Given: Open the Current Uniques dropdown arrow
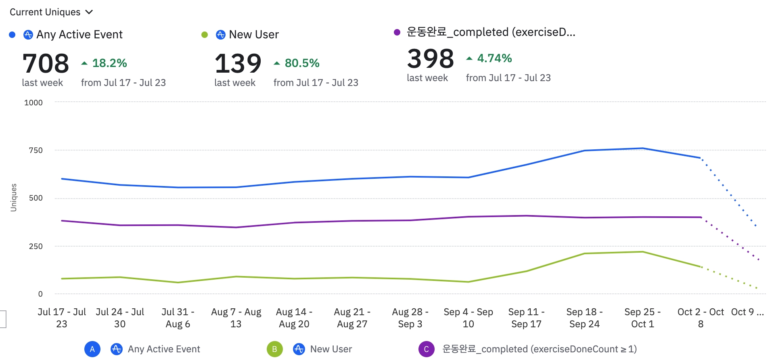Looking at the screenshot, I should (89, 12).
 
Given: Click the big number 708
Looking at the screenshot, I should (46, 63).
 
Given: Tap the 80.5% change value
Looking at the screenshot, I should (302, 63).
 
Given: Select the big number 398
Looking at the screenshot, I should (430, 59).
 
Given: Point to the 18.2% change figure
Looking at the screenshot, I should (109, 63).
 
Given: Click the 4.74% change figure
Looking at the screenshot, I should (494, 59).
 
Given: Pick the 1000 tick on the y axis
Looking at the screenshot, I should (33, 103).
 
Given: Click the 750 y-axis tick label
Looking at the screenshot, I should (36, 150).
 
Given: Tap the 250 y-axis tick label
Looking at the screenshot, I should (36, 246).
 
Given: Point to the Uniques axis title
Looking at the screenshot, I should (14, 197).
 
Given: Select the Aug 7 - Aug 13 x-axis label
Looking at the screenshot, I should (236, 318).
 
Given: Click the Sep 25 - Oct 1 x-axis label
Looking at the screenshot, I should (642, 318).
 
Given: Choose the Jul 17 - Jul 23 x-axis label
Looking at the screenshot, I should (62, 318).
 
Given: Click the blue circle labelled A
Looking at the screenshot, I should (92, 349).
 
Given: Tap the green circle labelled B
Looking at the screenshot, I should (274, 349).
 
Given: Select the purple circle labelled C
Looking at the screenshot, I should (426, 349).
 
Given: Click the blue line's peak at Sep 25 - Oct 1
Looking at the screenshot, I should (642, 148).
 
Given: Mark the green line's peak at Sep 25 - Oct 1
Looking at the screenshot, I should (642, 252).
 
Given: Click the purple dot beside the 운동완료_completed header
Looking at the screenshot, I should (397, 32).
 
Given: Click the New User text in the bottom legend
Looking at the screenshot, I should (331, 349).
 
